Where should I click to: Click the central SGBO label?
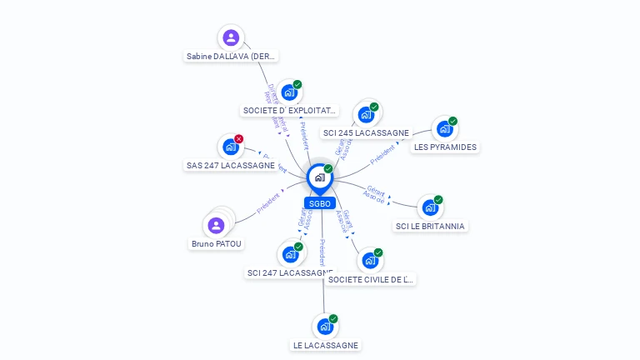coord(319,203)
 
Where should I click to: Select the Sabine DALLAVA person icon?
coord(231,37)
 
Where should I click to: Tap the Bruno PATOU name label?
coord(217,244)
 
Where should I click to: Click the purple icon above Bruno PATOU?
coord(217,225)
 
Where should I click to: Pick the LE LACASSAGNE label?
coord(326,345)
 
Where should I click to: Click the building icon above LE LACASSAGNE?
coord(325,327)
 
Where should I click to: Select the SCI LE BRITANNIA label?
coord(430,226)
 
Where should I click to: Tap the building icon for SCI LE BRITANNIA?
coord(430,207)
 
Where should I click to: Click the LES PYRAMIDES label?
coord(445,147)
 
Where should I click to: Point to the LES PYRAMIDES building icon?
coord(445,129)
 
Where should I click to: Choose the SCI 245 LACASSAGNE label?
coord(366,133)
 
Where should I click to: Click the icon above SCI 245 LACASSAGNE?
coord(366,115)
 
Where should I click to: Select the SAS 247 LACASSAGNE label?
coord(231,165)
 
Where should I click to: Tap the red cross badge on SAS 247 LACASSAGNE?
coord(239,139)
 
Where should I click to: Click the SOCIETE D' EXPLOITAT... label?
coord(289,111)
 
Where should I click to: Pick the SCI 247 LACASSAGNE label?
coord(290,272)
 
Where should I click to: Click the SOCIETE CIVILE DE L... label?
coord(370,279)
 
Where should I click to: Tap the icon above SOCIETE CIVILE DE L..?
coord(370,261)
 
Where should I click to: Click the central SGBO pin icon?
coord(319,177)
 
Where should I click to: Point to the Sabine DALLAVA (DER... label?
coord(231,57)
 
